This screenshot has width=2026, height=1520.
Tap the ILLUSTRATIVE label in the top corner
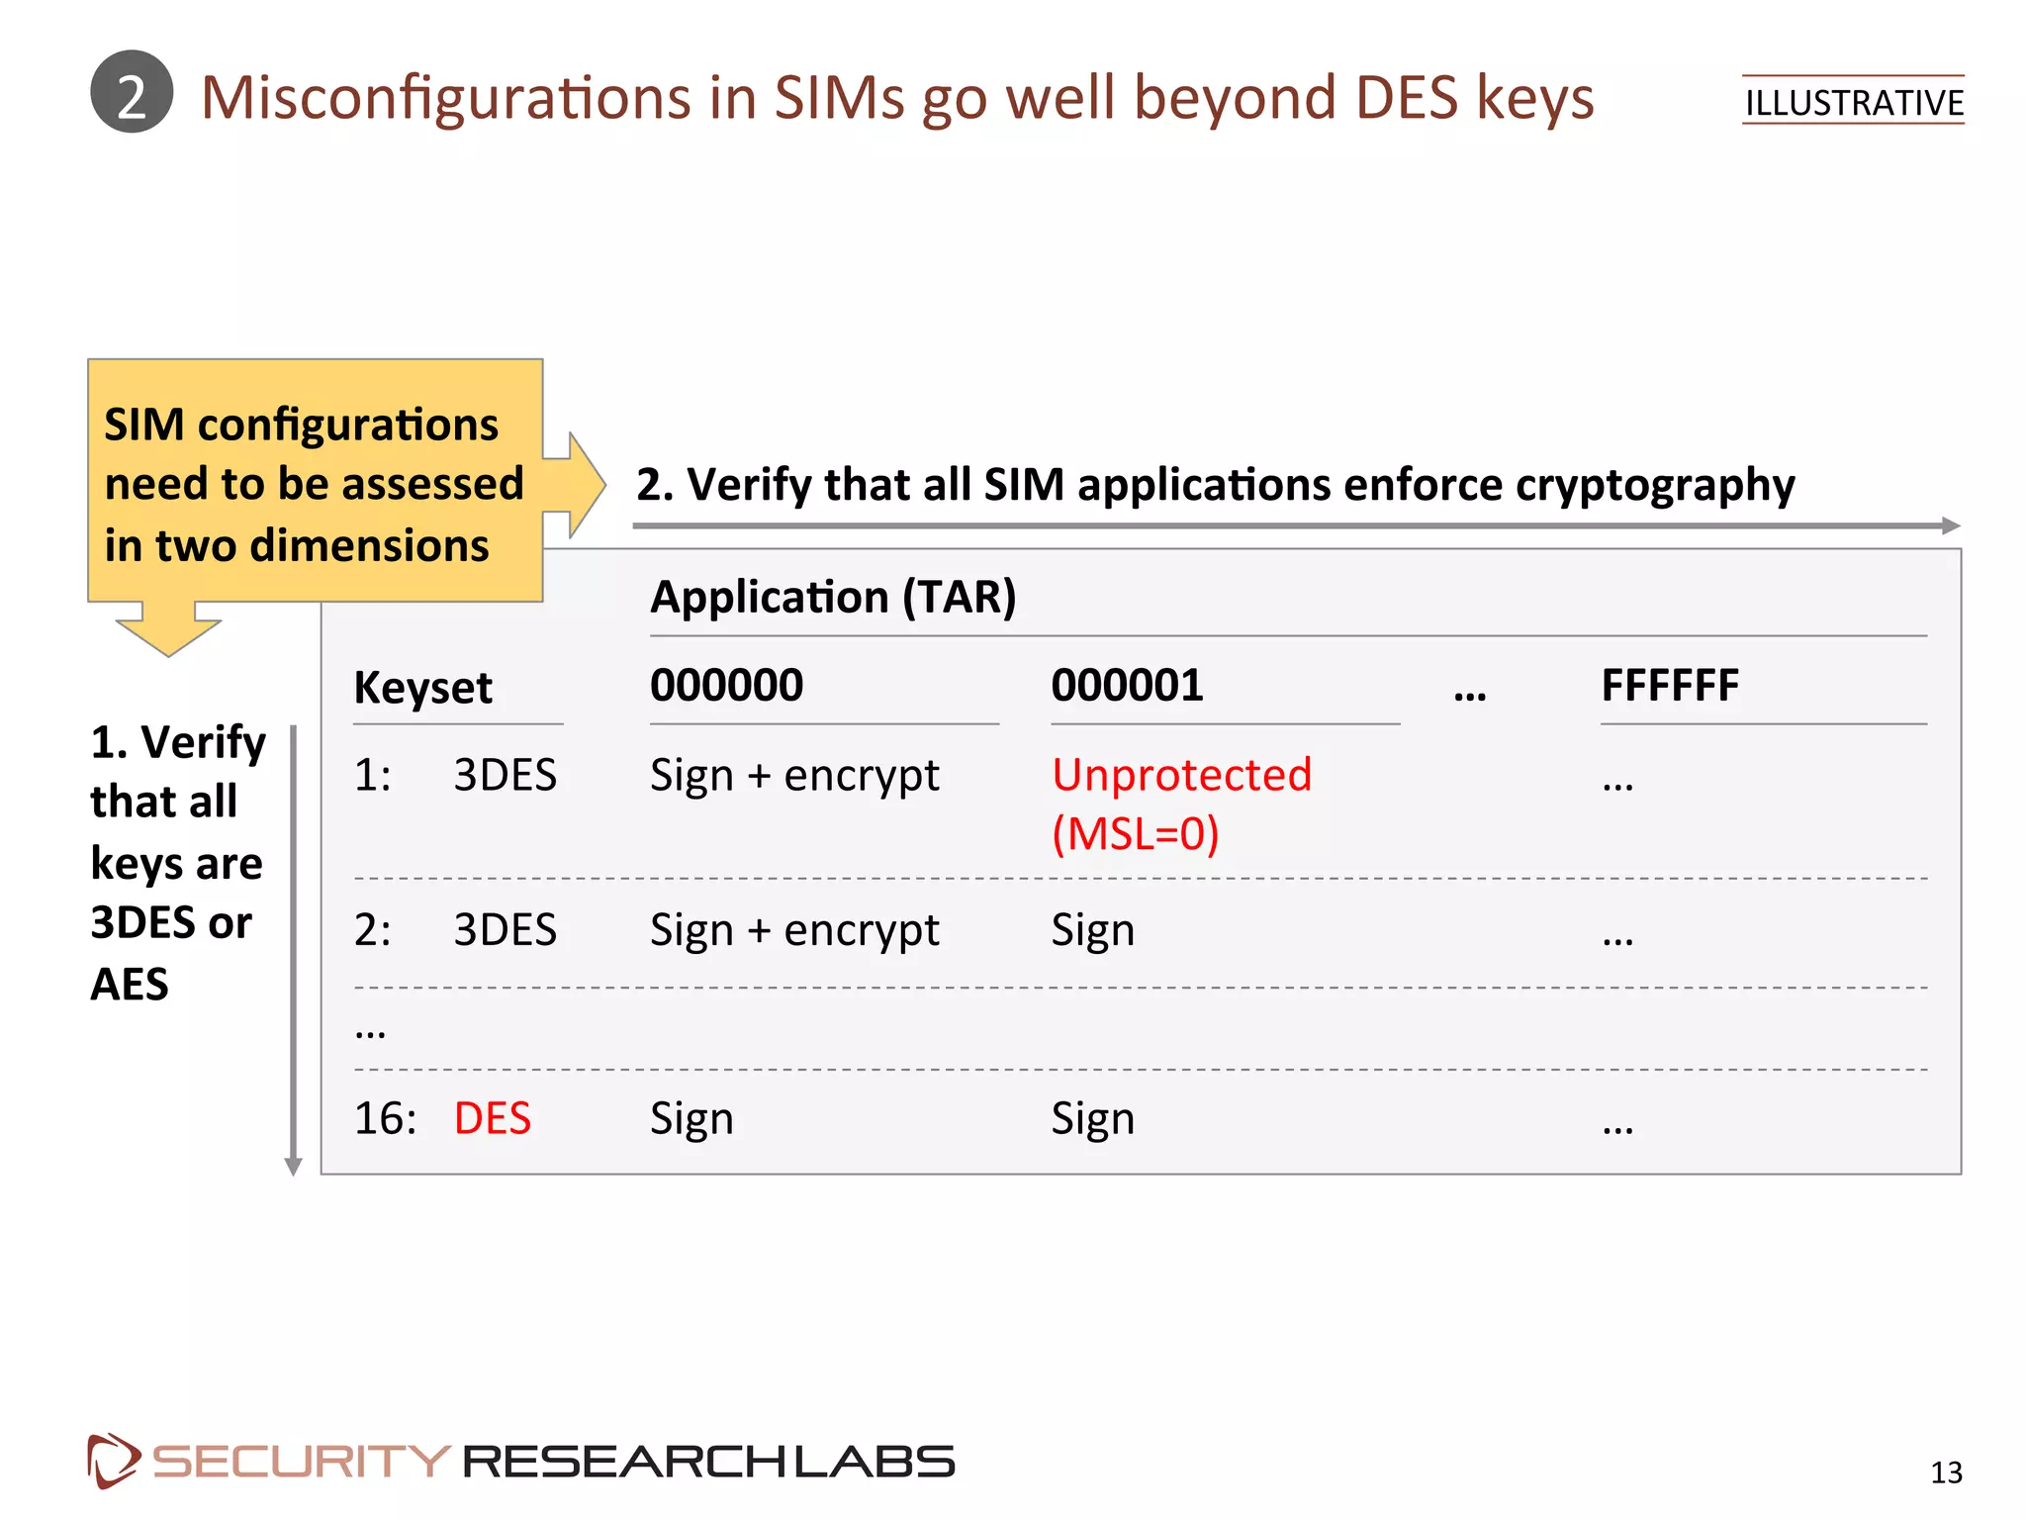tap(1853, 102)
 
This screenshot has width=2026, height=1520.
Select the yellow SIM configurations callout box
tap(315, 482)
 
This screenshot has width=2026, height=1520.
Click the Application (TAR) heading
tap(833, 597)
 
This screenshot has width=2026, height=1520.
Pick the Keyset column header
tap(422, 688)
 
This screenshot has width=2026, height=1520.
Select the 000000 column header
tap(726, 685)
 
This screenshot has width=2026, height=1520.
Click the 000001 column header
tap(1127, 685)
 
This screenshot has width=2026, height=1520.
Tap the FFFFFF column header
tap(1670, 685)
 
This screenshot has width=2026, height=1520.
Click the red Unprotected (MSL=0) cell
tap(1181, 804)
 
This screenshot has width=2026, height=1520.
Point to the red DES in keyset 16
tap(492, 1118)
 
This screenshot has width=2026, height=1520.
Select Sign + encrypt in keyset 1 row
tap(794, 775)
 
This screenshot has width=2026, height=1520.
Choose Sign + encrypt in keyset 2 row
tap(794, 930)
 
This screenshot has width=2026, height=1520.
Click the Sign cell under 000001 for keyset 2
tap(1092, 930)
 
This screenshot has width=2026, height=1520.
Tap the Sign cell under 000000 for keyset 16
tap(691, 1118)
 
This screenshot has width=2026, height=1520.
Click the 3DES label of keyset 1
tap(505, 775)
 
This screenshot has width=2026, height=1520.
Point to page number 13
tap(1946, 1472)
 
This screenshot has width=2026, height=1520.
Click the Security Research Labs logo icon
tap(113, 1460)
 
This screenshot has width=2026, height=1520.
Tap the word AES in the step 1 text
tap(130, 984)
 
